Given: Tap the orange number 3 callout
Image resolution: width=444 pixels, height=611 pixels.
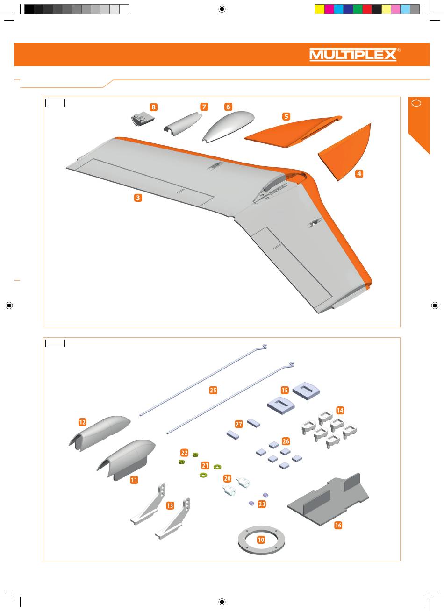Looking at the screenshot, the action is [138, 198].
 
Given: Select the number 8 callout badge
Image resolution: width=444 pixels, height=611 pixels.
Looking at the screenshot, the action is [154, 107].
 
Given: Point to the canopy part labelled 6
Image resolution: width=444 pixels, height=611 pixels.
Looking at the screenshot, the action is [228, 126].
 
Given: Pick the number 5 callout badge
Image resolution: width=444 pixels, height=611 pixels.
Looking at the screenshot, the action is [286, 116].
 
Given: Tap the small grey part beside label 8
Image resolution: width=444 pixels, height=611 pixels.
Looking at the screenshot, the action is [143, 120].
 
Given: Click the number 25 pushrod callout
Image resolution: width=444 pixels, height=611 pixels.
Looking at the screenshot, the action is [213, 390].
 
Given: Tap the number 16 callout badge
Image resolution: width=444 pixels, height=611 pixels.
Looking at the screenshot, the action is [338, 525].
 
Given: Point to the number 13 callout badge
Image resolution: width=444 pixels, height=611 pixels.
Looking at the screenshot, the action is [170, 505].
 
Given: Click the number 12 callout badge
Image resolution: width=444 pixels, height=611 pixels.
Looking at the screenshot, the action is [82, 422].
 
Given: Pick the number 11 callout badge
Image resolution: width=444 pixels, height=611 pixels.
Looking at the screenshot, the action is [134, 480].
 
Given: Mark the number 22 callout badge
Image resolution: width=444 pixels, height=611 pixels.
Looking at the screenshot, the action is [185, 453].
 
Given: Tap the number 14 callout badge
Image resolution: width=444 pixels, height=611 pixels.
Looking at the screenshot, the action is [340, 410].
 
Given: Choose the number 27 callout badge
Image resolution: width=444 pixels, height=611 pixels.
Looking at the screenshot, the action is [239, 424].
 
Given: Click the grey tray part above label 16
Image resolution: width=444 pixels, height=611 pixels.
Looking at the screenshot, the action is [328, 500].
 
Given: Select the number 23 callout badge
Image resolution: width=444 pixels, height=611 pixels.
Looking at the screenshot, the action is [262, 504].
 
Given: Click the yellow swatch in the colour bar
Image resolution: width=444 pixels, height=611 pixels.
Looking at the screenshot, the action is [319, 9].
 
